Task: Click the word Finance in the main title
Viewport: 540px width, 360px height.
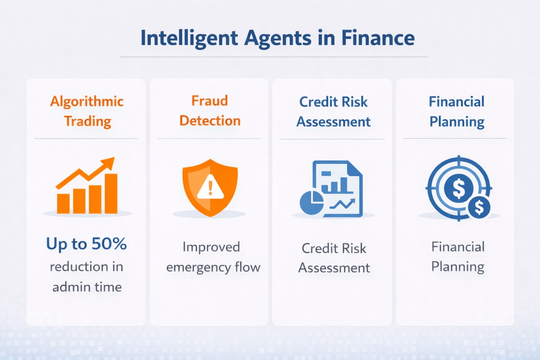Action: point(378,38)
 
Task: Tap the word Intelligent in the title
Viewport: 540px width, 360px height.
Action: point(189,38)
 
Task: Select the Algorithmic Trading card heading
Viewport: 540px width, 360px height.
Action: point(87,111)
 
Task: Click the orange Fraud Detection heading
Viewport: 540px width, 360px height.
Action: point(210,111)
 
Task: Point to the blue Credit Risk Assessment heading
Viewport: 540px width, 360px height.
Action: point(333,112)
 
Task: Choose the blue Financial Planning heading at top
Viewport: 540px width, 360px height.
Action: point(456,111)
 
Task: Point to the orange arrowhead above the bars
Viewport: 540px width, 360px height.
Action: point(108,164)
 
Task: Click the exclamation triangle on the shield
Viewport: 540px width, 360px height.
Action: point(211,188)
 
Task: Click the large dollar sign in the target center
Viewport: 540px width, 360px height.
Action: point(458,188)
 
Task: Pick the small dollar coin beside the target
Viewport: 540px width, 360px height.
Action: point(479,208)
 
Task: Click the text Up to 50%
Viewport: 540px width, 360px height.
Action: point(86,244)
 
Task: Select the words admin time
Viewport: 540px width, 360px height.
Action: point(87,287)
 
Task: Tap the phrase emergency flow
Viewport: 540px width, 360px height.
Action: point(213,267)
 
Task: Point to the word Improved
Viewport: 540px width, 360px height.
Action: point(211,247)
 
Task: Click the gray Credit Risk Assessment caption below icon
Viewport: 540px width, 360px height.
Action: point(334,258)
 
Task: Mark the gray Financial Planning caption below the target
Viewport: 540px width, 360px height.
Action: point(458,257)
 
